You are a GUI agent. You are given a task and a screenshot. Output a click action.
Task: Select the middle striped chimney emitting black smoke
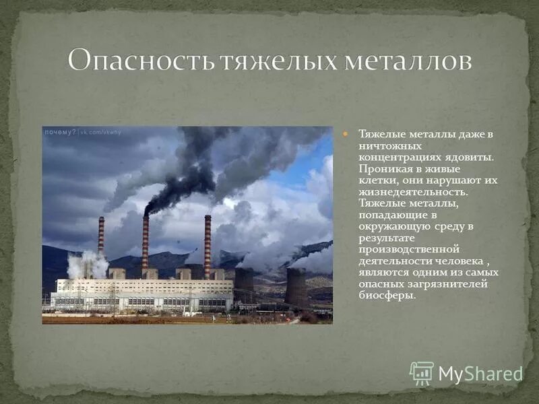[146, 241]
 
